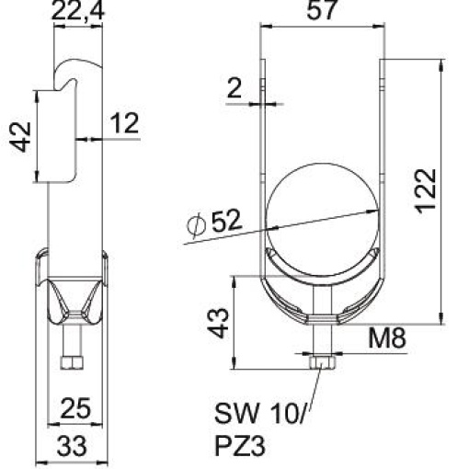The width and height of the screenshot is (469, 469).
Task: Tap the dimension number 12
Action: pos(125,123)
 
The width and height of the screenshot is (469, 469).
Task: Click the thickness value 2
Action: pos(234,89)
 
